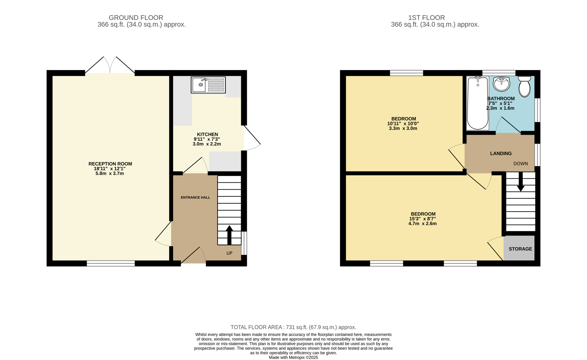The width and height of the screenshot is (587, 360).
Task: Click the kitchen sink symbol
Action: (208, 85)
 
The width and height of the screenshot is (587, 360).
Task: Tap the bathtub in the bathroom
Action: (477, 103)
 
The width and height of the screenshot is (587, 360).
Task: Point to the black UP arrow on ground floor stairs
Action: (229, 235)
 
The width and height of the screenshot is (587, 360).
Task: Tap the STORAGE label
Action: (520, 249)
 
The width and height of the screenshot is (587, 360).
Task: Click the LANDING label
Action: (501, 153)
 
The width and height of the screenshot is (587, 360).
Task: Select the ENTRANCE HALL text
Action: (195, 198)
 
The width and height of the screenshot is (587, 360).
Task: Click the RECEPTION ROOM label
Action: (110, 164)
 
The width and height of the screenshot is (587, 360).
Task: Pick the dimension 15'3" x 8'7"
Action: (422, 219)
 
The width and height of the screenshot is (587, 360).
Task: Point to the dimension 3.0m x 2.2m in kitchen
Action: (207, 144)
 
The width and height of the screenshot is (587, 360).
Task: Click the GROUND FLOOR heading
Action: (136, 18)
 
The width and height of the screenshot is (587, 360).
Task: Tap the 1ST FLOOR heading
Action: (426, 18)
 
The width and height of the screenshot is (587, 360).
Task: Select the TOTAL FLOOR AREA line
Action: (293, 327)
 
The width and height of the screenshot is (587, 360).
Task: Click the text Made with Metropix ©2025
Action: (293, 357)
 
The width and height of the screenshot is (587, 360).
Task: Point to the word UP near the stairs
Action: (229, 253)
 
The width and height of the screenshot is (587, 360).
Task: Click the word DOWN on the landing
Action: (520, 164)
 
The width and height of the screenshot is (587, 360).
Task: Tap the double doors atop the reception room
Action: (110, 66)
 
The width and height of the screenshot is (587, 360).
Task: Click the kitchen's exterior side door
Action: (252, 137)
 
